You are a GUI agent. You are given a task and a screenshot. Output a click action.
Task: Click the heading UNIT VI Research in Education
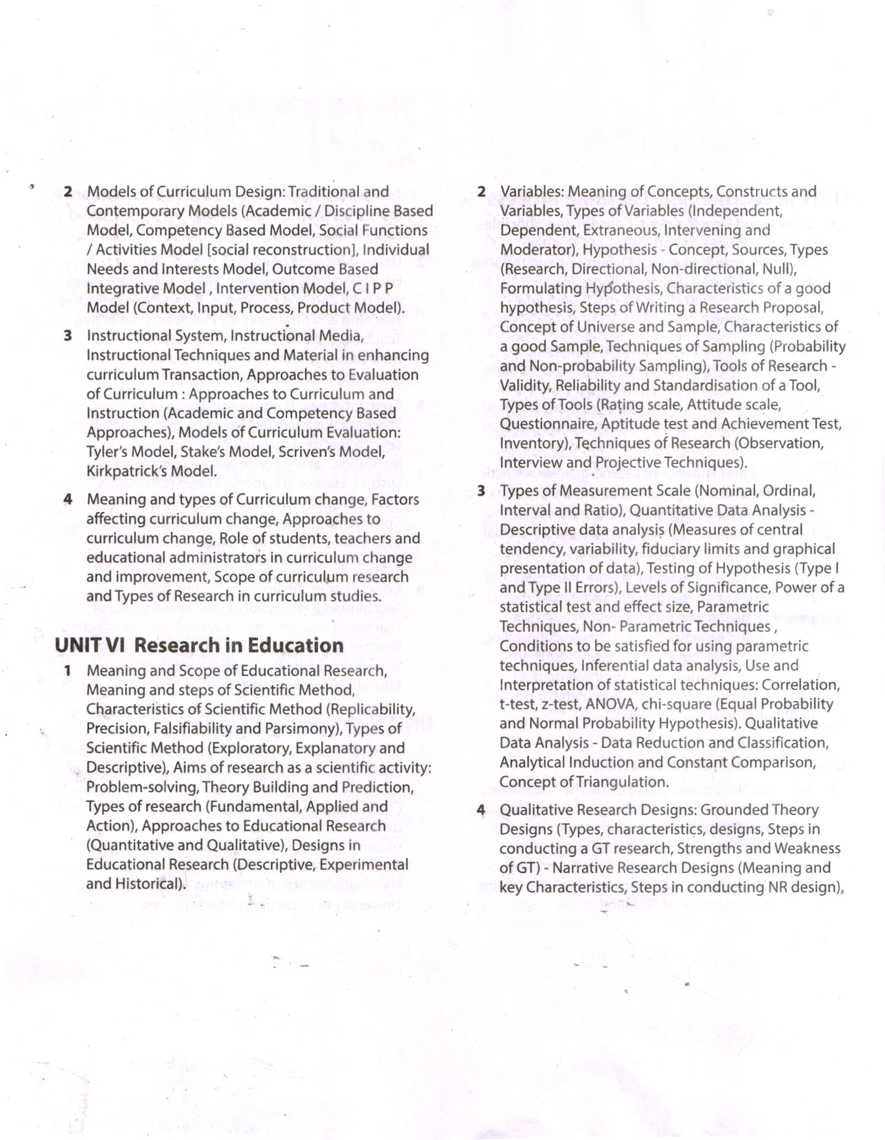click(x=199, y=645)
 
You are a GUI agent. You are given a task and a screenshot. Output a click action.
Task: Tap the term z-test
click(x=557, y=704)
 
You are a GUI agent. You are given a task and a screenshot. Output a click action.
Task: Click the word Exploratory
click(x=249, y=748)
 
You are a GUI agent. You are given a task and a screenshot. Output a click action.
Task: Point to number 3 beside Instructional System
click(x=67, y=336)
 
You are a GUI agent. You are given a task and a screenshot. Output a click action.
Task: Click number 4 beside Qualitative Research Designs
click(x=481, y=810)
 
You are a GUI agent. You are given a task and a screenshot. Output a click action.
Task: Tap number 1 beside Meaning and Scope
click(x=67, y=671)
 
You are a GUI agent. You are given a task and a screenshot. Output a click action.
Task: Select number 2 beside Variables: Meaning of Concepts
click(x=481, y=192)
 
